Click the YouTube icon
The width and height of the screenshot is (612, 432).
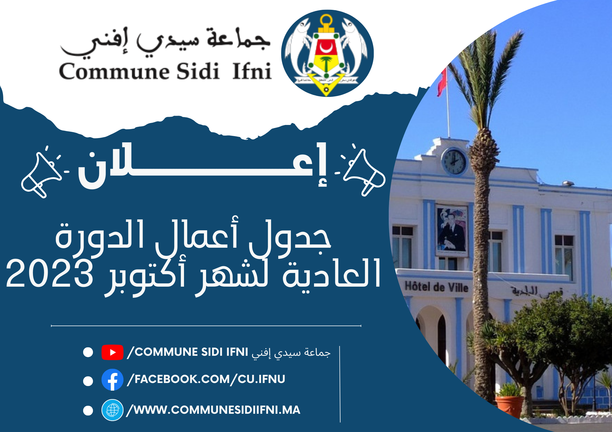112,352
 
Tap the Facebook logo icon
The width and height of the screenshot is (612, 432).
112,380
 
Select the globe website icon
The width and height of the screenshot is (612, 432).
112,410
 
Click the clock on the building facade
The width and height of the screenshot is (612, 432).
454,162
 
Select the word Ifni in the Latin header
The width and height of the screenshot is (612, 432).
252,71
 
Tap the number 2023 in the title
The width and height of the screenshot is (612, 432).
50,273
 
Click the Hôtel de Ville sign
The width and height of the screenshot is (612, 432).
436,287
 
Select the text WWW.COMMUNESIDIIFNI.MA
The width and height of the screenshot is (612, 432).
217,410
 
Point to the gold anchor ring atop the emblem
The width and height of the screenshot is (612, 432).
326,20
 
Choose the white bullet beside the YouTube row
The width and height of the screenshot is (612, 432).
88,352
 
